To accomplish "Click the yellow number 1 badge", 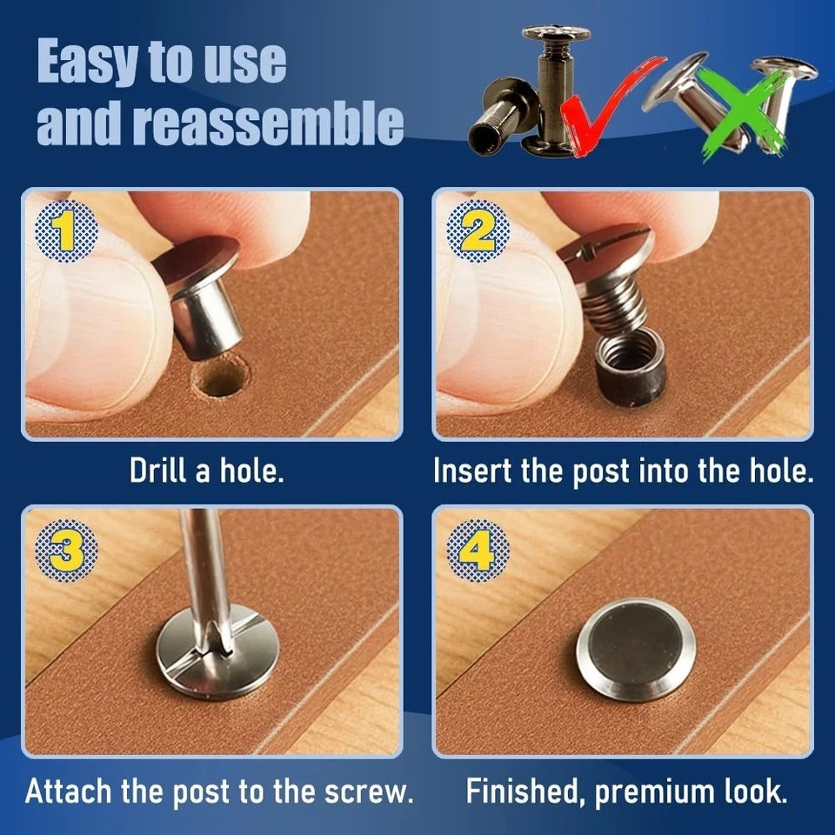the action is [x=66, y=231].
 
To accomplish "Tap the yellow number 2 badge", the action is [x=478, y=231].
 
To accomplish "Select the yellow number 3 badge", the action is [x=66, y=550].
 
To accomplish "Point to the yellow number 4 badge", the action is [x=478, y=550].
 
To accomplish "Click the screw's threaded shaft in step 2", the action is [x=613, y=309].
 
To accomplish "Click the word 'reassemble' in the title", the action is [x=268, y=122].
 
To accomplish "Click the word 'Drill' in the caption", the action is [x=158, y=471].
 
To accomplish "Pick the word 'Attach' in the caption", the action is [x=69, y=791].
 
